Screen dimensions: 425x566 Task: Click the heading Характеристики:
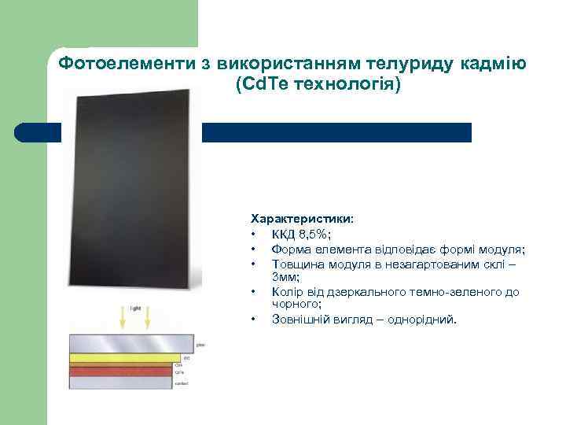click(302, 216)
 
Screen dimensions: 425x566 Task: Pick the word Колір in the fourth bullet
click(288, 292)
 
